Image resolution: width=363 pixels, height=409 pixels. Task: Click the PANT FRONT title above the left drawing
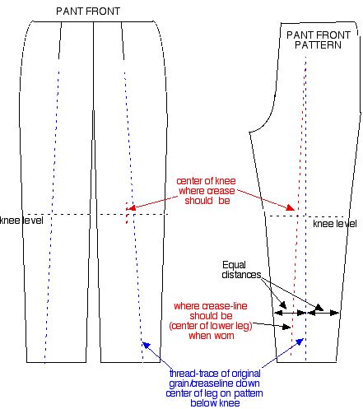pos(88,12)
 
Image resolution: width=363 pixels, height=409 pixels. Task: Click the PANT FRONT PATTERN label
pos(319,40)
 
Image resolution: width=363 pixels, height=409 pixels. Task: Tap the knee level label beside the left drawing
pos(21,221)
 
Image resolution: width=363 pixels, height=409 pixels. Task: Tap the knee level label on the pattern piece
pos(335,224)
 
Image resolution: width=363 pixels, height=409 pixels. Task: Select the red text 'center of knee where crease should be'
pos(206,191)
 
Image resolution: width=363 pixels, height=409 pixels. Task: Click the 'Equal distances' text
pos(241,270)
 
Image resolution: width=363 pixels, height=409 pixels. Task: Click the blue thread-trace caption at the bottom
pos(215,388)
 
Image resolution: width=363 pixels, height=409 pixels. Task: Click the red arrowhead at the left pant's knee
pos(132,207)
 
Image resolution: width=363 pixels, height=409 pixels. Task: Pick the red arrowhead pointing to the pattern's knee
pos(291,207)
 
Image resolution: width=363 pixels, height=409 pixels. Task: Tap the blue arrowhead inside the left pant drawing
pos(146,346)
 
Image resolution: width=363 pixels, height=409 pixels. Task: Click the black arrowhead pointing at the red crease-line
pos(286,327)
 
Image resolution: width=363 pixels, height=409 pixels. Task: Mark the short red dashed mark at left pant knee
pos(127,213)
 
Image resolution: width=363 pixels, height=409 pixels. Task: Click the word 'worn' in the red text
pos(225,336)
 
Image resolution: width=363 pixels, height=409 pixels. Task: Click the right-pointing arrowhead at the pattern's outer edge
pos(334,313)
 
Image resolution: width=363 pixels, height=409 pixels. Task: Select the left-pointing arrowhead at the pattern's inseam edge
pos(279,313)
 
